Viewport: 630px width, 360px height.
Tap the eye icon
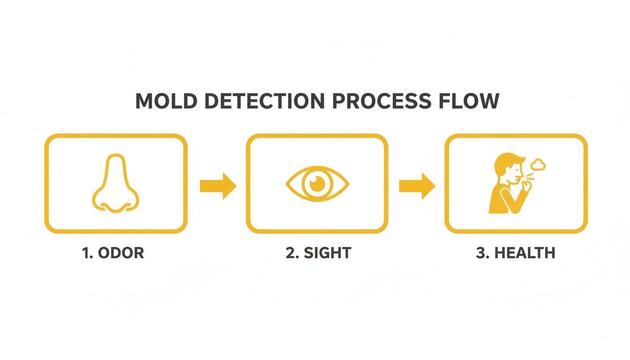(x=317, y=183)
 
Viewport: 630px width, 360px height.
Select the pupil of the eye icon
(x=317, y=183)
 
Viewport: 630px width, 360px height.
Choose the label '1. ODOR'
(x=113, y=253)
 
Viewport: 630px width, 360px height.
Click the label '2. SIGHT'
(x=318, y=253)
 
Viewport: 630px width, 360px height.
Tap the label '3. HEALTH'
(x=516, y=253)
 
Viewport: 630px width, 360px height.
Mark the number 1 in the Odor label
(x=86, y=253)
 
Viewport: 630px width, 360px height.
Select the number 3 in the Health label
(x=480, y=253)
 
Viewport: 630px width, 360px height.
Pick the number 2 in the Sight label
(x=290, y=253)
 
